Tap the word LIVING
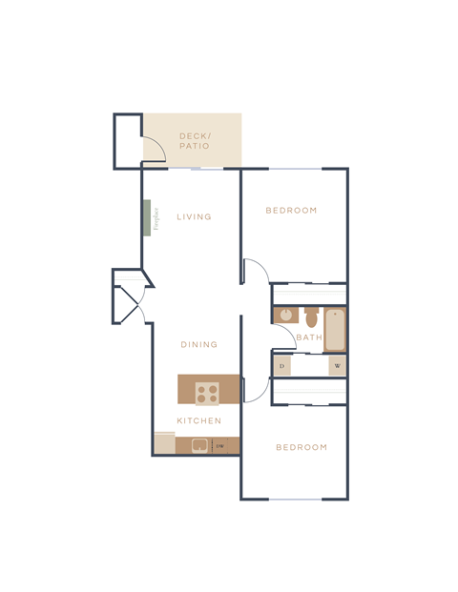pos(194,217)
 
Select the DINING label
pos(199,345)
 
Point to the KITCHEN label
pos(199,420)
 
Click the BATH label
pos(308,337)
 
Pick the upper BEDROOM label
pos(291,211)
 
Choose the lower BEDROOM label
pos(302,447)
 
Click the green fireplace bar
pos(147,217)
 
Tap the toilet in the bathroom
pos(311,316)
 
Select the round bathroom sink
pos(284,315)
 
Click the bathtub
pos(334,329)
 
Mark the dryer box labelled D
pos(282,366)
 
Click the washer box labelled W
pos(337,366)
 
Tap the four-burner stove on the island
pos(208,391)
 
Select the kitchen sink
pos(200,444)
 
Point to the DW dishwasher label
pos(219,445)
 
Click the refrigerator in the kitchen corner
pos(165,443)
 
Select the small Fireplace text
pos(156,219)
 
